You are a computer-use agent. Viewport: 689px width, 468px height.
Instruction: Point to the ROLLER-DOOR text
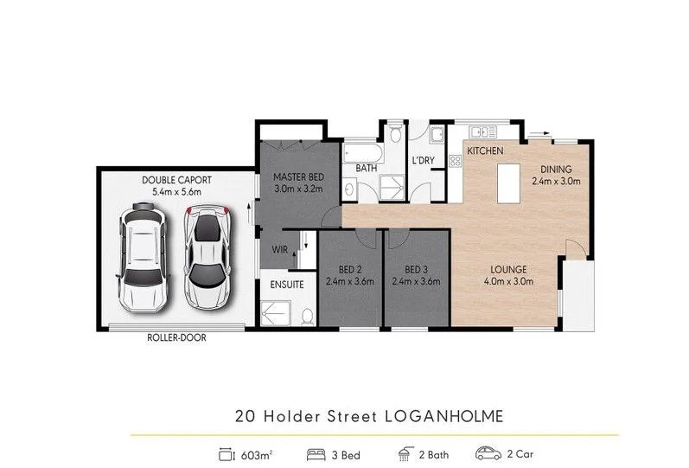[x=175, y=339]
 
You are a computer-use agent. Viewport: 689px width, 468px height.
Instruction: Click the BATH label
[x=367, y=168]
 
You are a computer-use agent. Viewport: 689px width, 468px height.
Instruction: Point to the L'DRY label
[x=424, y=161]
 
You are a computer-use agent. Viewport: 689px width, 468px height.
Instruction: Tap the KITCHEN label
[x=484, y=151]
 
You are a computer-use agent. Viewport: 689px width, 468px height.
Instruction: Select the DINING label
[x=555, y=169]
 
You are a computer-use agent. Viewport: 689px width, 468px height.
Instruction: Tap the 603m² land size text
[x=254, y=452]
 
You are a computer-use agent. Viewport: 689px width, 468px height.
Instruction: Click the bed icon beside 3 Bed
[x=316, y=452]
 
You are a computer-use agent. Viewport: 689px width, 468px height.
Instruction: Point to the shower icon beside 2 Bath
[x=403, y=452]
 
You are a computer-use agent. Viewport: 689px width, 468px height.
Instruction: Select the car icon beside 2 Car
[x=488, y=452]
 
